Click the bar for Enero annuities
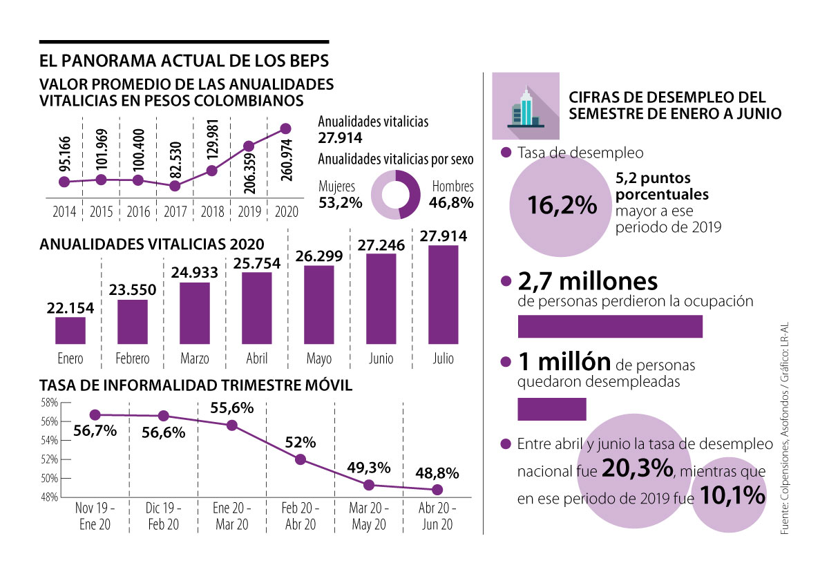coord(70,331)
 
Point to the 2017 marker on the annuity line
coord(175,186)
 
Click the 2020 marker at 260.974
coord(285,128)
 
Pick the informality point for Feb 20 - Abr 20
coord(301,459)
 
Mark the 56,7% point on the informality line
coord(95,414)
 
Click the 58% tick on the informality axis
coord(49,402)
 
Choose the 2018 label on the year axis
coord(211,212)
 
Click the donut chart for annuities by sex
coord(395,195)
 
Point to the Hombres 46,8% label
coord(452,195)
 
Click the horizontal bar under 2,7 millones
coord(610,327)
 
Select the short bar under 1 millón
coord(551,410)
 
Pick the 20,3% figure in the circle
coord(636,469)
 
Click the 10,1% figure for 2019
coord(731,495)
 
